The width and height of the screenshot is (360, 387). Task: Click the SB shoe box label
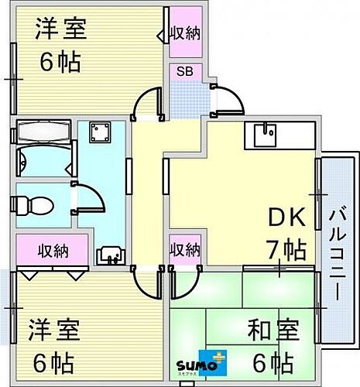pyautogui.click(x=185, y=72)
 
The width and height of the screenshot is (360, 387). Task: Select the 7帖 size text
pyautogui.click(x=286, y=249)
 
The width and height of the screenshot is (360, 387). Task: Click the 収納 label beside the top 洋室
pyautogui.click(x=186, y=33)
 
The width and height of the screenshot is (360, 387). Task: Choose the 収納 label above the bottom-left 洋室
pyautogui.click(x=51, y=251)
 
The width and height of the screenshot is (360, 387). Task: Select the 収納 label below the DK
pyautogui.click(x=186, y=250)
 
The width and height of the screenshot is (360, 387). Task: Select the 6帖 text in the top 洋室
pyautogui.click(x=60, y=62)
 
